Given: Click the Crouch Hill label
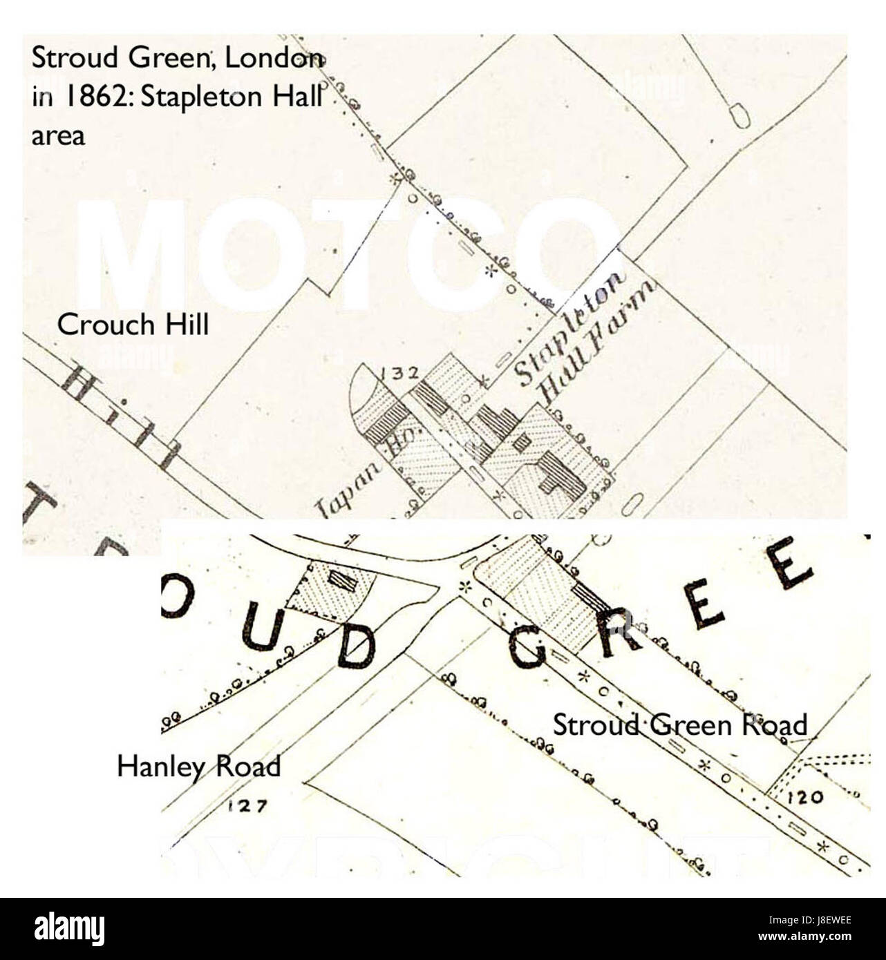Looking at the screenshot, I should tap(133, 325).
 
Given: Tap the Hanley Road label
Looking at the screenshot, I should tap(199, 767).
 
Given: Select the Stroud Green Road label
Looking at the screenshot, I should tap(679, 725).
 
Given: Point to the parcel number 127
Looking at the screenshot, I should tap(247, 805).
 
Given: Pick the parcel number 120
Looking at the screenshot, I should tap(805, 797).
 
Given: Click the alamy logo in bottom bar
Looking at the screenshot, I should tap(69, 929).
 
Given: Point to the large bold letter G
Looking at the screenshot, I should tap(528, 646).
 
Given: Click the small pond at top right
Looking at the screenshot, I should tap(739, 115).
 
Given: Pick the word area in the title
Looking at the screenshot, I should tap(58, 135).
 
